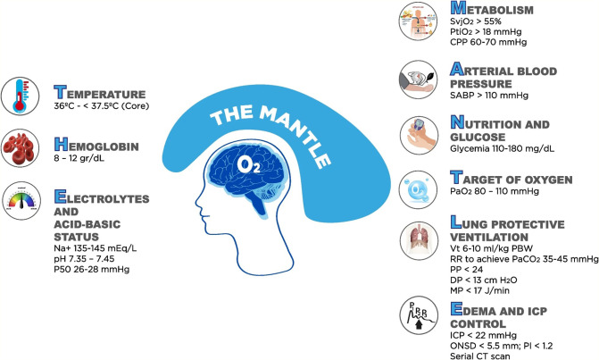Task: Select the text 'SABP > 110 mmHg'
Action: point(493,101)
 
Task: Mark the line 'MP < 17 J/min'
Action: point(483,287)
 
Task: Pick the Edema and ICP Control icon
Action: point(420,313)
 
